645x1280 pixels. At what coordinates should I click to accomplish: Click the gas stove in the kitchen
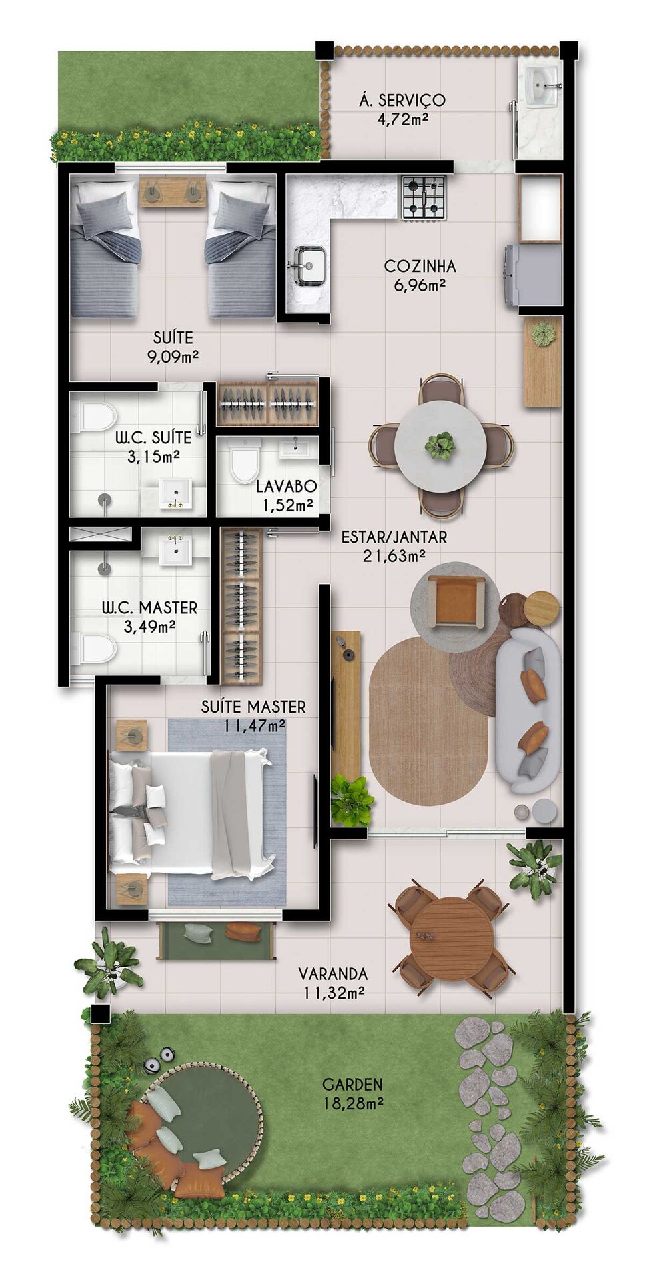423,197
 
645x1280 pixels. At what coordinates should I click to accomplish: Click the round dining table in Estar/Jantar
440,445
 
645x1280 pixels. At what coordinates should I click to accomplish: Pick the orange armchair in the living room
456,601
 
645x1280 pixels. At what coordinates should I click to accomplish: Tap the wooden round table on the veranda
452,939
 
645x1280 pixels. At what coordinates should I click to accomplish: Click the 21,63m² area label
394,556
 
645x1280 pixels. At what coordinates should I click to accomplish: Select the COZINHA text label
420,267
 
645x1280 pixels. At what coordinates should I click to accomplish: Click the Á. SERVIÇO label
402,101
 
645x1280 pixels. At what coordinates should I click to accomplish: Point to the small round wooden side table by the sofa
541,607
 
